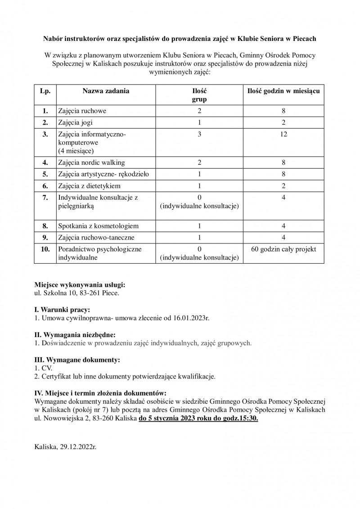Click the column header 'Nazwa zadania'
(x=105, y=91)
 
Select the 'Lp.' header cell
(x=45, y=91)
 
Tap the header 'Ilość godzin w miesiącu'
(x=283, y=91)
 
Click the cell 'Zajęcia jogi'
(x=75, y=122)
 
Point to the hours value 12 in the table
(x=283, y=134)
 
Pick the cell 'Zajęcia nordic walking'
(x=91, y=162)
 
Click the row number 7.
(x=45, y=197)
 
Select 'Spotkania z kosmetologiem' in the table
(x=98, y=225)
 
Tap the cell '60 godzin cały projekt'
(x=283, y=249)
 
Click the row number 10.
(x=45, y=249)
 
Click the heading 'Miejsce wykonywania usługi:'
(x=80, y=285)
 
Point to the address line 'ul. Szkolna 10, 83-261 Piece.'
(x=77, y=293)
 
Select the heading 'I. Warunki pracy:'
(x=62, y=310)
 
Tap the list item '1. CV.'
(x=43, y=368)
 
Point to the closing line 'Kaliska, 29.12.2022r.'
(x=66, y=447)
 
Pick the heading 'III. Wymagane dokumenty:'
(x=77, y=360)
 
